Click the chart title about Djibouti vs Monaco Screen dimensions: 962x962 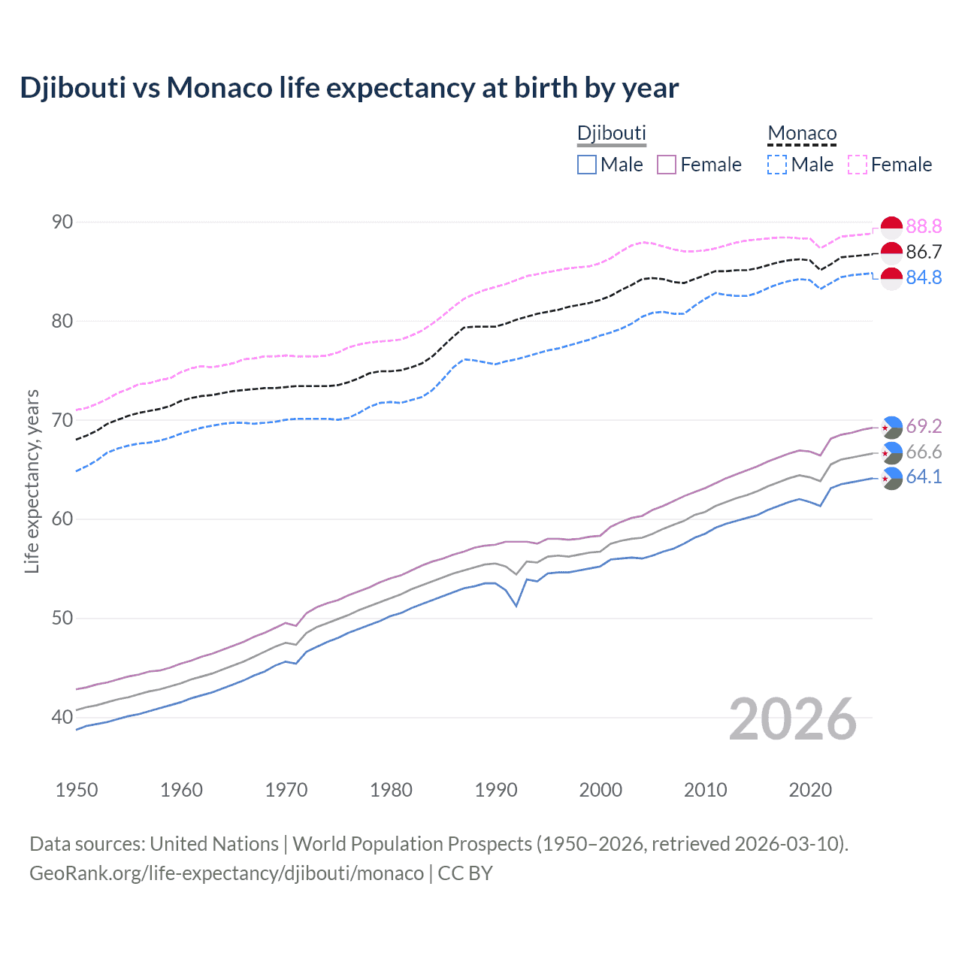tap(349, 88)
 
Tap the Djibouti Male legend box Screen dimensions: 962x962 tap(587, 165)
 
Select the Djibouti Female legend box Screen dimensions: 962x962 tap(667, 165)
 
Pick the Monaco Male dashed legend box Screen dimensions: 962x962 tap(777, 165)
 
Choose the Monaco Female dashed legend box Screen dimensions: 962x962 tap(858, 165)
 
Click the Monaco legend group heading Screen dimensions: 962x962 tap(802, 134)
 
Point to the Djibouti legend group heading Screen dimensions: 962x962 tap(611, 134)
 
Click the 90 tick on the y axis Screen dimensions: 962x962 tap(62, 222)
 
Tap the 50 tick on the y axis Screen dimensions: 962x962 tap(62, 619)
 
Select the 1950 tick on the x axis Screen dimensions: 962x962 tap(77, 790)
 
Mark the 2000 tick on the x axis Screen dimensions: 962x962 tap(600, 790)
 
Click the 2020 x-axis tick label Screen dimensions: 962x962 tap(810, 790)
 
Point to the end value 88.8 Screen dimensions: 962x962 tap(924, 226)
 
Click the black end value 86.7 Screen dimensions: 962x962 tap(924, 252)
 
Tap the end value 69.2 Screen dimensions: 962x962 tap(924, 426)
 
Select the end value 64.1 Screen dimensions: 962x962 tap(924, 476)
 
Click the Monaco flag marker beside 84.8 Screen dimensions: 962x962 tap(891, 278)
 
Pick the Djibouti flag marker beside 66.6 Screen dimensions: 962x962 tap(891, 452)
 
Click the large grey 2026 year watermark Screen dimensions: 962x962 tap(793, 719)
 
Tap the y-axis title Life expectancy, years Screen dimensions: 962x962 tap(32, 481)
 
